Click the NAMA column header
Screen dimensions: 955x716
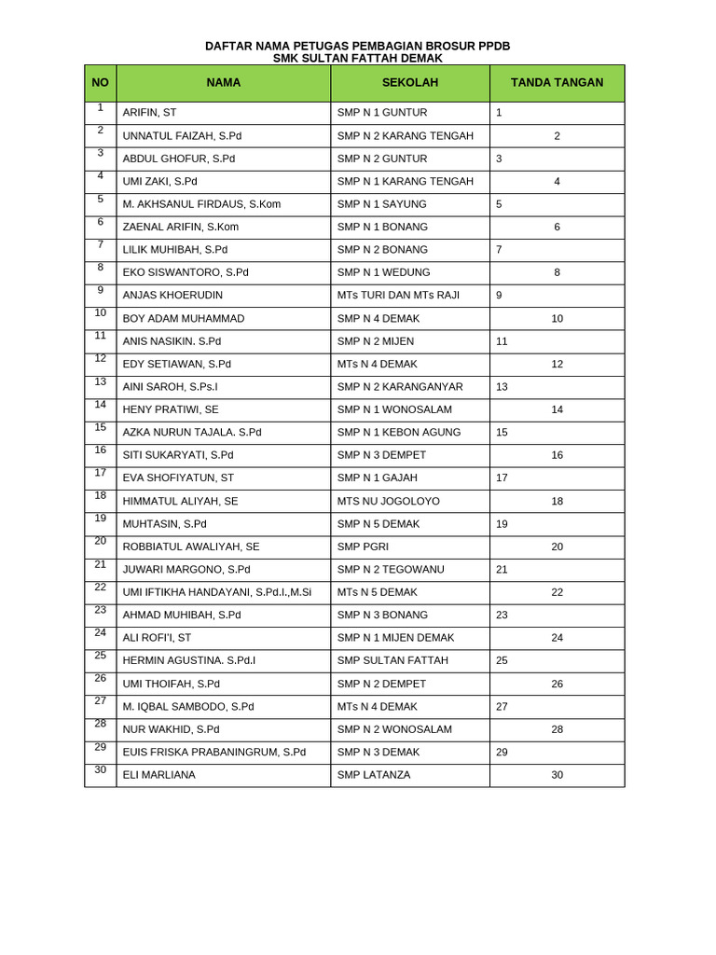point(223,83)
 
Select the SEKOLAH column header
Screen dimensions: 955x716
point(409,83)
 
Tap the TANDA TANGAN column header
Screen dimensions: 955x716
point(557,83)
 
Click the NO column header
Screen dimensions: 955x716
point(100,83)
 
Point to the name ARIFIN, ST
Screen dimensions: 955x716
point(149,113)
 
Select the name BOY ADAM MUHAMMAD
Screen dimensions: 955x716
point(184,319)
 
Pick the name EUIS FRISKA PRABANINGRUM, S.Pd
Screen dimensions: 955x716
point(213,753)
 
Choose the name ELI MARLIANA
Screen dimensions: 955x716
point(159,775)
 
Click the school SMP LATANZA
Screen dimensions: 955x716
point(374,775)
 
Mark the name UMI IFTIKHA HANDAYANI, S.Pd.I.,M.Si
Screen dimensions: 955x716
point(217,592)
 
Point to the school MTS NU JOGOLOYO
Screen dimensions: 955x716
point(389,502)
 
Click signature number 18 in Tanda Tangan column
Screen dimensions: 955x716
point(557,502)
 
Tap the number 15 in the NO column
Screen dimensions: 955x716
point(100,428)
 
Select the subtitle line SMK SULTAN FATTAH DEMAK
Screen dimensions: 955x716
point(357,58)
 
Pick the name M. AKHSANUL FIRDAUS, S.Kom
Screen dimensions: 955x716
point(201,204)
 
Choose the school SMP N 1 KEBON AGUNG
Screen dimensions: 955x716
point(399,433)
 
